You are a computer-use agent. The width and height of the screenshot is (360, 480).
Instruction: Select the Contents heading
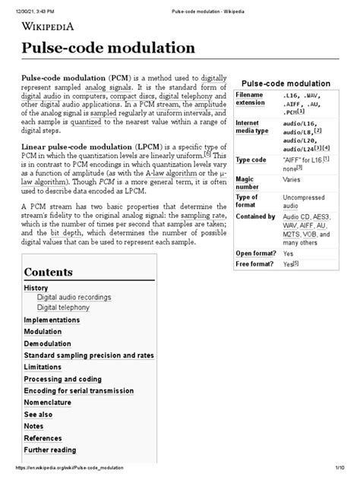[49, 271]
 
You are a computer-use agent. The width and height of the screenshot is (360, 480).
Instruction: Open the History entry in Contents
[36, 289]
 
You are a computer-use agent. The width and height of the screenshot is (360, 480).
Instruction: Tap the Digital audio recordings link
[74, 298]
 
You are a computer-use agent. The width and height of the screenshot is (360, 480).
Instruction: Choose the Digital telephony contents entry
[64, 308]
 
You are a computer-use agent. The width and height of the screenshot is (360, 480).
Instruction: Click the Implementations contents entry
[52, 321]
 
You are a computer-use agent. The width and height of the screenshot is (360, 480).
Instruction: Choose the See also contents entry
[38, 415]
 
